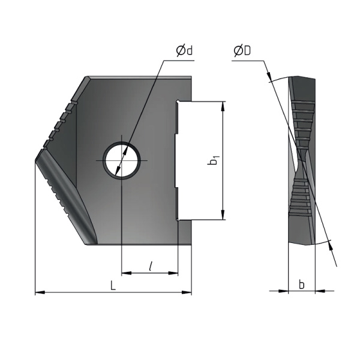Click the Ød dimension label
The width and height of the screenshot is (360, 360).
coord(184,51)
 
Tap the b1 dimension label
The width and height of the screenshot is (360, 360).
coord(213,160)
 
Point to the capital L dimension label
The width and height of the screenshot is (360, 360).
coord(113,286)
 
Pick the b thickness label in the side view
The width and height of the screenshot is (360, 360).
coord(302,284)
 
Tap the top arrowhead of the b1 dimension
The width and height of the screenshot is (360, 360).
coord(222,106)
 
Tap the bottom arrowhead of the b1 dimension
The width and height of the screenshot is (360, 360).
coord(222,214)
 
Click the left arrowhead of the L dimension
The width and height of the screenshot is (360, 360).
coord(40,292)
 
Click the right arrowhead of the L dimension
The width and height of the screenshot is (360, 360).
coord(186,292)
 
